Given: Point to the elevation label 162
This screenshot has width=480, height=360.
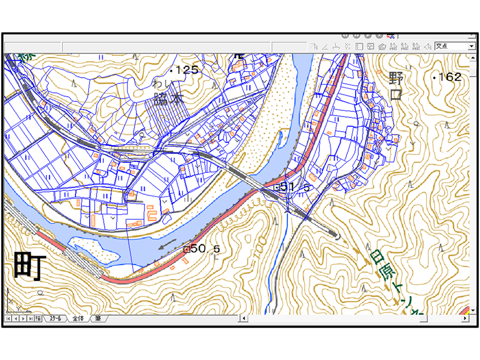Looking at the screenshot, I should click(450, 77).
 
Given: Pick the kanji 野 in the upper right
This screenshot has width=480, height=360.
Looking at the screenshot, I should click(397, 78).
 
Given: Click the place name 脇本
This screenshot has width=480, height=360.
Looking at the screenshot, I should click(168, 100).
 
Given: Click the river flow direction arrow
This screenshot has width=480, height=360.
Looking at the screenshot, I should click(167, 245).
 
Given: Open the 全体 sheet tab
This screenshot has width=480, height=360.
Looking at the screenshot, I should click(78, 319).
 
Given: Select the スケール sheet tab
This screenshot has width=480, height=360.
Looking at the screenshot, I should click(55, 319).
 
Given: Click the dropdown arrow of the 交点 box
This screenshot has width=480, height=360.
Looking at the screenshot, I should click(471, 46).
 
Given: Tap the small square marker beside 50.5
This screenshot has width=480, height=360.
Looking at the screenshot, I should click(186, 249).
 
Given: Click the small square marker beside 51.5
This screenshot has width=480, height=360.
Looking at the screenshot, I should click(277, 187).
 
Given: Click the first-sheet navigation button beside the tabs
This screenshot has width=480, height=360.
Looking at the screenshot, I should click(8, 319).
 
